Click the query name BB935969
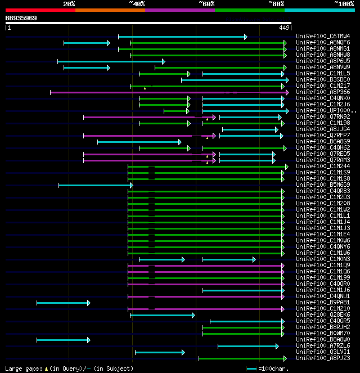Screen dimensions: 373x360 pyautogui.click(x=21, y=18)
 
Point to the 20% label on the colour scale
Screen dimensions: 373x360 pyautogui.click(x=69, y=4)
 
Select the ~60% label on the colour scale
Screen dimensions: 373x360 pyautogui.click(x=206, y=4)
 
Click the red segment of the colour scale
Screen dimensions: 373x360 pyautogui.click(x=40, y=10)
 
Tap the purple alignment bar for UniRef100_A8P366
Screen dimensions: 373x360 pyautogui.click(x=169, y=92)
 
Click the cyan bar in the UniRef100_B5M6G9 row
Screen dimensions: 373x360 pyautogui.click(x=96, y=185)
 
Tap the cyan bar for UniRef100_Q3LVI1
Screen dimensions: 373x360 pyautogui.click(x=160, y=352)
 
